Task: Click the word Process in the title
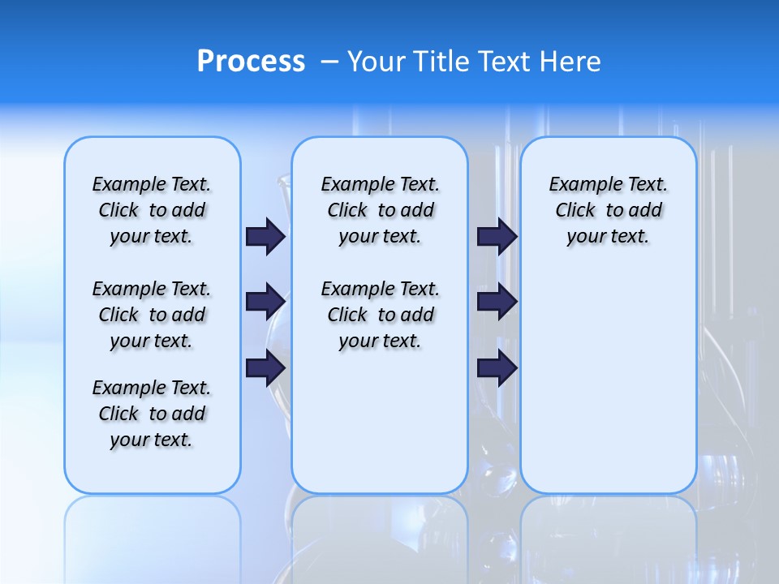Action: pyautogui.click(x=251, y=61)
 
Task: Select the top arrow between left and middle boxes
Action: pyautogui.click(x=265, y=236)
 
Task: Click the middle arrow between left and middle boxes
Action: pyautogui.click(x=265, y=302)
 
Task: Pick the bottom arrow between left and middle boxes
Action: pyautogui.click(x=265, y=368)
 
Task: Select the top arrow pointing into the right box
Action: pyautogui.click(x=497, y=236)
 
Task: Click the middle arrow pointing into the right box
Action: pyautogui.click(x=497, y=302)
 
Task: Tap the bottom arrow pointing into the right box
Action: pyautogui.click(x=497, y=368)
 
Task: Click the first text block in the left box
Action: pyautogui.click(x=152, y=210)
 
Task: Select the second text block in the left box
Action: pyautogui.click(x=152, y=315)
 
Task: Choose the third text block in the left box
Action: pyautogui.click(x=152, y=414)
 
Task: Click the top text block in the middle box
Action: pyautogui.click(x=380, y=210)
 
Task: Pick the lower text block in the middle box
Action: pyautogui.click(x=380, y=315)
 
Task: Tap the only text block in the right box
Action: pyautogui.click(x=608, y=210)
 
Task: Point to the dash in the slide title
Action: pyautogui.click(x=329, y=62)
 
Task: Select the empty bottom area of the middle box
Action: pyautogui.click(x=380, y=430)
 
